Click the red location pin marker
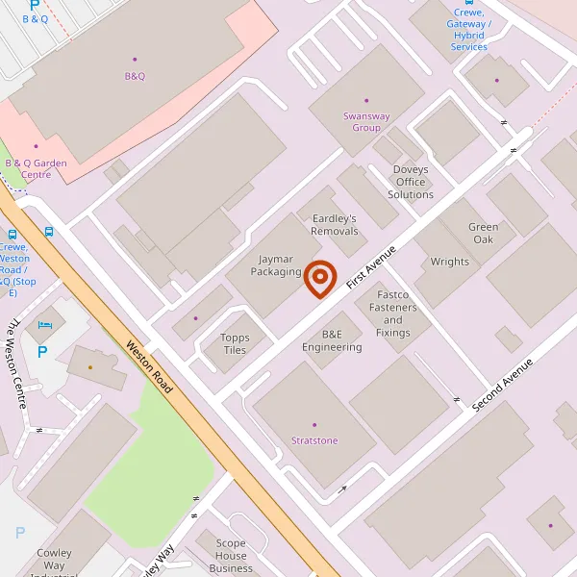click(x=320, y=279)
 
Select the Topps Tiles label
click(x=234, y=343)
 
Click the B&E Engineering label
click(x=332, y=340)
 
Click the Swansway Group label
click(x=366, y=122)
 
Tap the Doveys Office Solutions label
click(x=411, y=182)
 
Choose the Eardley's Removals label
click(x=335, y=224)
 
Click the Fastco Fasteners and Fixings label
click(x=392, y=314)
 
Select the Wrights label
click(x=449, y=262)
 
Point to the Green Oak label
click(x=483, y=233)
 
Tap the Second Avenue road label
click(x=508, y=381)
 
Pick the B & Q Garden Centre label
click(x=37, y=168)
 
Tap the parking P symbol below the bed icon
click(x=41, y=352)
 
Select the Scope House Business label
click(x=231, y=556)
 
